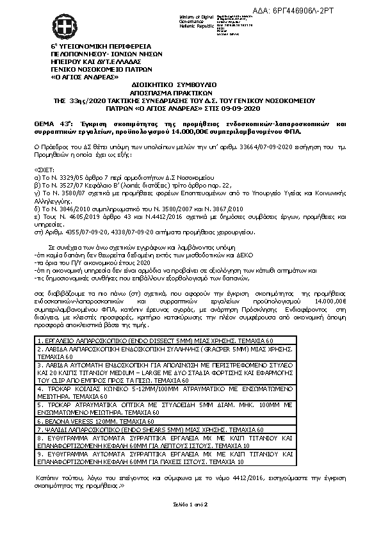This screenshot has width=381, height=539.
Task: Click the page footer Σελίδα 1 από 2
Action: [x=191, y=505]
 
